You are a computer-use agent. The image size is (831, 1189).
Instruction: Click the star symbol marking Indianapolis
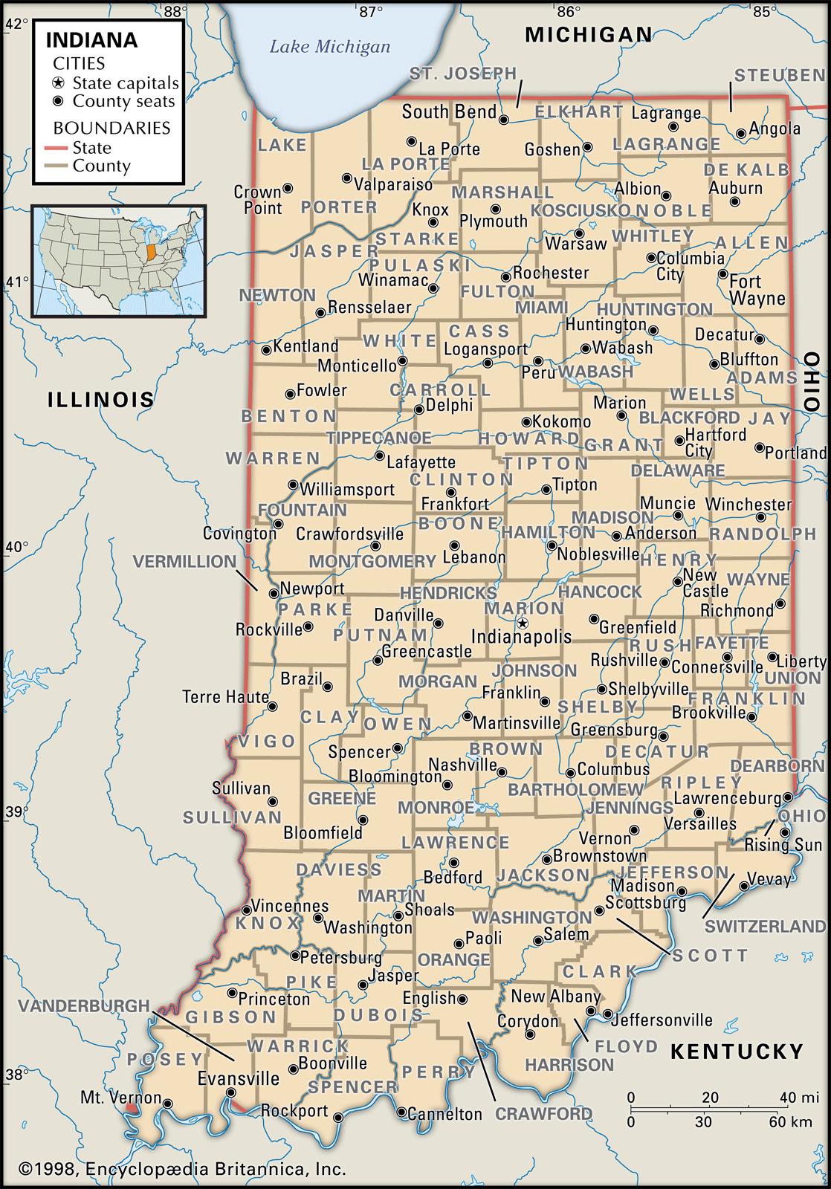click(523, 623)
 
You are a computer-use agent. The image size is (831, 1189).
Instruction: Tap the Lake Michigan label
click(329, 47)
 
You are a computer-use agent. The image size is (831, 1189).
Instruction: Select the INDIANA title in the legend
click(92, 40)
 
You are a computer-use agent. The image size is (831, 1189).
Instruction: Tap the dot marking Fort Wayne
click(722, 274)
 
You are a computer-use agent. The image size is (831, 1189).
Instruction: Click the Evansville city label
click(239, 1078)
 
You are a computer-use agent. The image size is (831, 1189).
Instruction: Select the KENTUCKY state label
click(737, 1051)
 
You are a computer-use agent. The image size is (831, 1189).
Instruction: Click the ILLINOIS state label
click(101, 400)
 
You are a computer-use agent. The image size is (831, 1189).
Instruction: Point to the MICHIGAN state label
click(589, 34)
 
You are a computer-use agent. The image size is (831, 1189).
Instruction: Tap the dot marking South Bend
click(503, 119)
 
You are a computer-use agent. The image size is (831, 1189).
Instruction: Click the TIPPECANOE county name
click(379, 438)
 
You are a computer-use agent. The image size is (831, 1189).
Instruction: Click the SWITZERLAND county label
click(765, 926)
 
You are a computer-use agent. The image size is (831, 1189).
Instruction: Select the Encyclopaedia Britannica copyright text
click(182, 1170)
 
